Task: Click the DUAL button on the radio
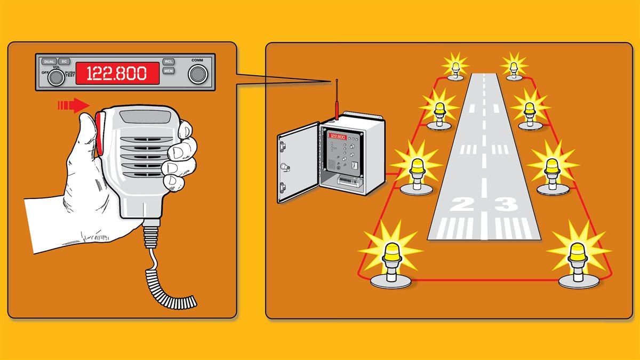click(50, 62)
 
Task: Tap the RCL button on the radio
click(169, 62)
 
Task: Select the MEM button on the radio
click(169, 71)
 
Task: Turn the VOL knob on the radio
click(54, 78)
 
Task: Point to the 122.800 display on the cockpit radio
click(117, 73)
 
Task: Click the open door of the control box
click(297, 162)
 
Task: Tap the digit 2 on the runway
click(461, 204)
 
